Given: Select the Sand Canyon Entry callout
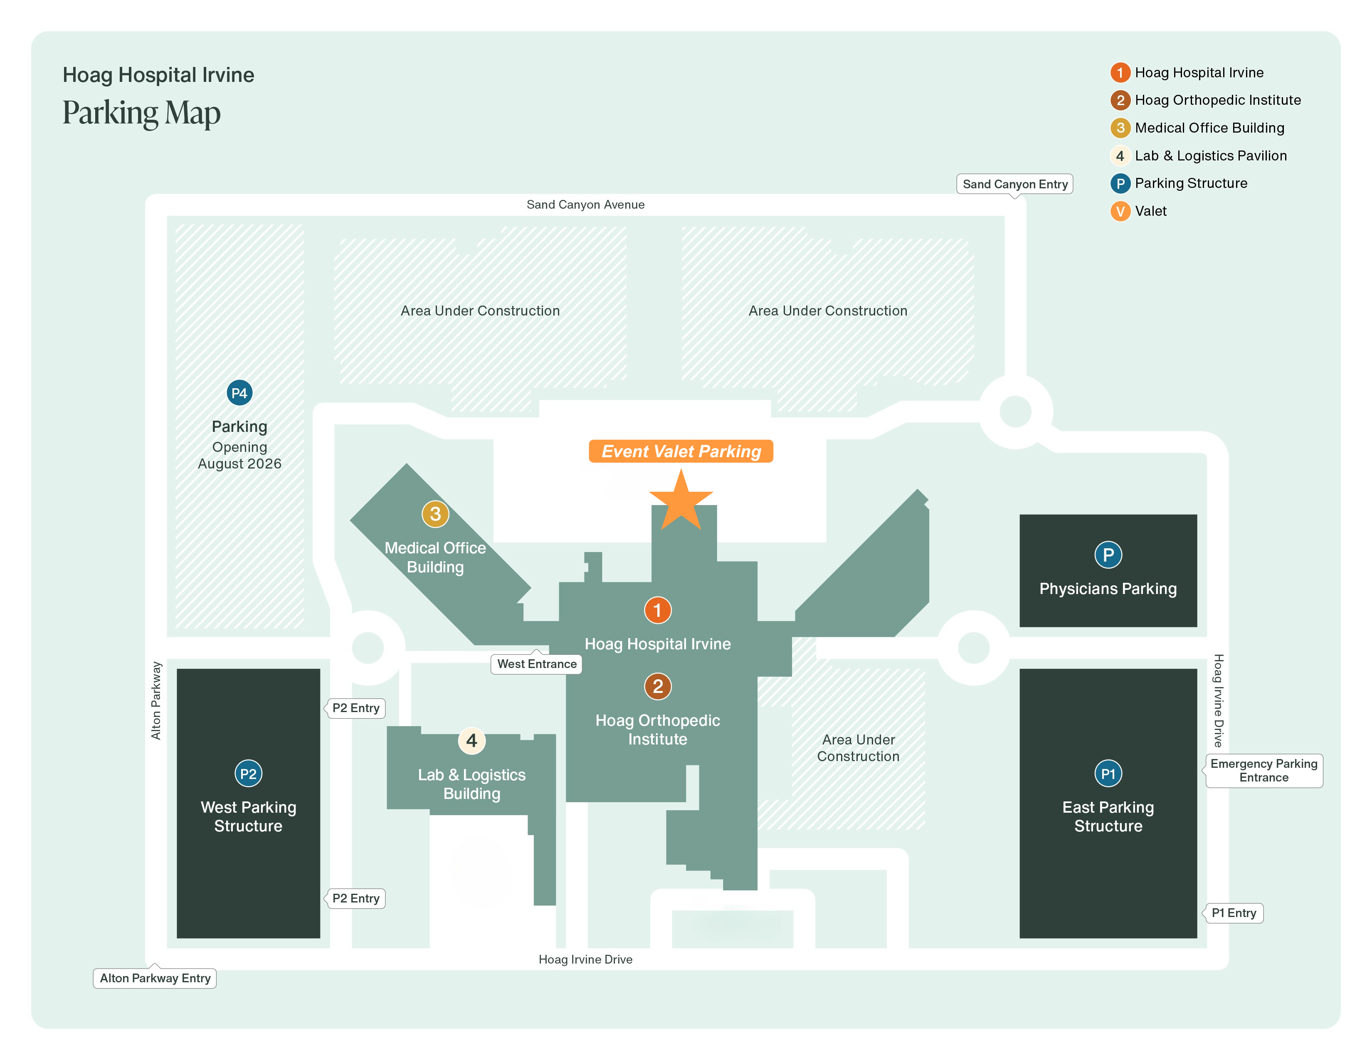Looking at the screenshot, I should click(x=1014, y=184).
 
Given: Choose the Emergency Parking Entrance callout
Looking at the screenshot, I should click(x=1263, y=771).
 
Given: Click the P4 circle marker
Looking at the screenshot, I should click(x=239, y=393).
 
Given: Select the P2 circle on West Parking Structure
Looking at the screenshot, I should click(x=248, y=774).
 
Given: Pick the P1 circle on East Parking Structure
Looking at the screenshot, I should click(x=1108, y=774).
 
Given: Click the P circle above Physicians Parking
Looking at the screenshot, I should click(x=1108, y=555).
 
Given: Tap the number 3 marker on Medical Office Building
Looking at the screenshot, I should click(x=435, y=514).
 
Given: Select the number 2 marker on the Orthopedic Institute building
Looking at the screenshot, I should click(x=658, y=686).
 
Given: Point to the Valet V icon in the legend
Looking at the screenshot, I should click(x=1120, y=211).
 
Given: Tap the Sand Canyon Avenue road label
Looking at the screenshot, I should click(x=585, y=205).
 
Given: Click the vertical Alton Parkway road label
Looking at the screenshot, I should click(x=156, y=700).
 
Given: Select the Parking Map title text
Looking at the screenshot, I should click(x=141, y=113).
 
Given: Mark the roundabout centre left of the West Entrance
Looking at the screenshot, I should click(x=368, y=647).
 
